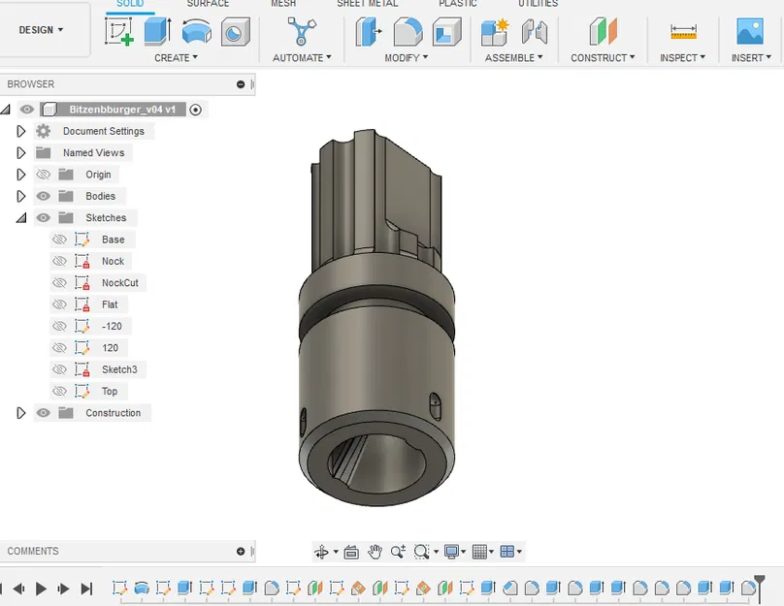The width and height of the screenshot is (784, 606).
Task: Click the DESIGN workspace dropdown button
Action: (x=42, y=30)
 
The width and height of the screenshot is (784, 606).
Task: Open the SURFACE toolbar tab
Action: (x=208, y=4)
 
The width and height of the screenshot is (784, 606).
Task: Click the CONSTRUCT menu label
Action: (x=603, y=58)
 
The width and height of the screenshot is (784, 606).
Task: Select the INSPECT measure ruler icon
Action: (x=683, y=32)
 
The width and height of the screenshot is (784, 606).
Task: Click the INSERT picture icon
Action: (x=750, y=32)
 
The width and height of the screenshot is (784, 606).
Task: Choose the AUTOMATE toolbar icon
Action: (x=302, y=32)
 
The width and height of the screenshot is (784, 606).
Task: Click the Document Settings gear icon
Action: (x=43, y=131)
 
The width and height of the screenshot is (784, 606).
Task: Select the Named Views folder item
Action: (x=93, y=153)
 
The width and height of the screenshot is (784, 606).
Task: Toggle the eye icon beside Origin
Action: (x=43, y=175)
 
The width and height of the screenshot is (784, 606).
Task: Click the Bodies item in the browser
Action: (x=100, y=196)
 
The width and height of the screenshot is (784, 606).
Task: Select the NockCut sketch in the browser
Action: (x=119, y=283)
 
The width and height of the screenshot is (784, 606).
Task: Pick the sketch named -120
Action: (x=112, y=326)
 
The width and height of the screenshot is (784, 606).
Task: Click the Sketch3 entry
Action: (x=119, y=369)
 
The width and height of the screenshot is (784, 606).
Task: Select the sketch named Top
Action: (x=110, y=391)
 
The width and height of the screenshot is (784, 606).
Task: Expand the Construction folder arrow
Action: (x=21, y=413)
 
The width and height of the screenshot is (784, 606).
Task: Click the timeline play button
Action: (x=41, y=589)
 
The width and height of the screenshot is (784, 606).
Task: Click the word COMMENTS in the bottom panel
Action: (x=33, y=551)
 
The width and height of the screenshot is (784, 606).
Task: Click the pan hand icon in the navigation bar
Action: (x=375, y=552)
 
